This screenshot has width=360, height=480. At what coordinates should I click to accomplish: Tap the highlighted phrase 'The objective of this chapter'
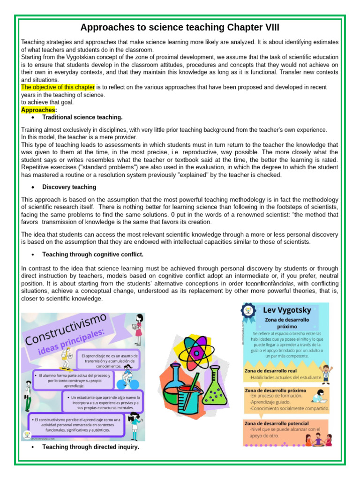click(58, 87)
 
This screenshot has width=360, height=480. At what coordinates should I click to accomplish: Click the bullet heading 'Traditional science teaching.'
click(82, 117)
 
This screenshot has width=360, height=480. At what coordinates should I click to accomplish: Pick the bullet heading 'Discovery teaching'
click(69, 187)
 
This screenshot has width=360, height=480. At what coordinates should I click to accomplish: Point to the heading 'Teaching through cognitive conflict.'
click(93, 255)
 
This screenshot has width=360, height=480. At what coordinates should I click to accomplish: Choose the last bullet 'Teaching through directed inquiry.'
click(90, 447)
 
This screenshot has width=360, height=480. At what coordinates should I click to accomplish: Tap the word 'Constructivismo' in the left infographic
click(68, 330)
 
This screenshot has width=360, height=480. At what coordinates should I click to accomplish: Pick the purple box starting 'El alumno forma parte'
click(73, 380)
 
